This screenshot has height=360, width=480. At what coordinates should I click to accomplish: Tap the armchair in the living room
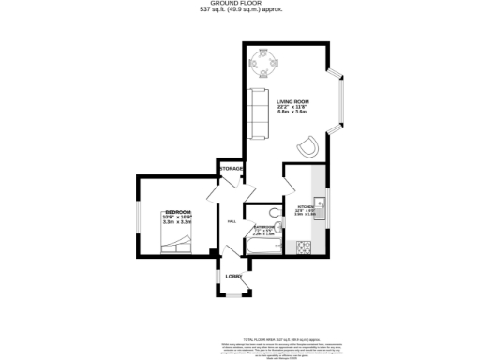307,145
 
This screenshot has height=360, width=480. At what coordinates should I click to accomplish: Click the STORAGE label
232,169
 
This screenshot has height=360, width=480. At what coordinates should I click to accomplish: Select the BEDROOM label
178,213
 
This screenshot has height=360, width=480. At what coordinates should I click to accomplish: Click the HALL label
232,221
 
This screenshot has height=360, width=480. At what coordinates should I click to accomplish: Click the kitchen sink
318,200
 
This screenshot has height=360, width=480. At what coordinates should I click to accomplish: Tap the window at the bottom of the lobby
231,296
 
